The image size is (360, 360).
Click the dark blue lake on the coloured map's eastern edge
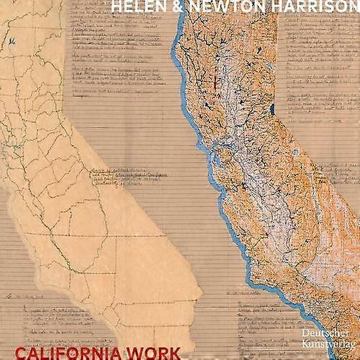[x=273, y=110]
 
